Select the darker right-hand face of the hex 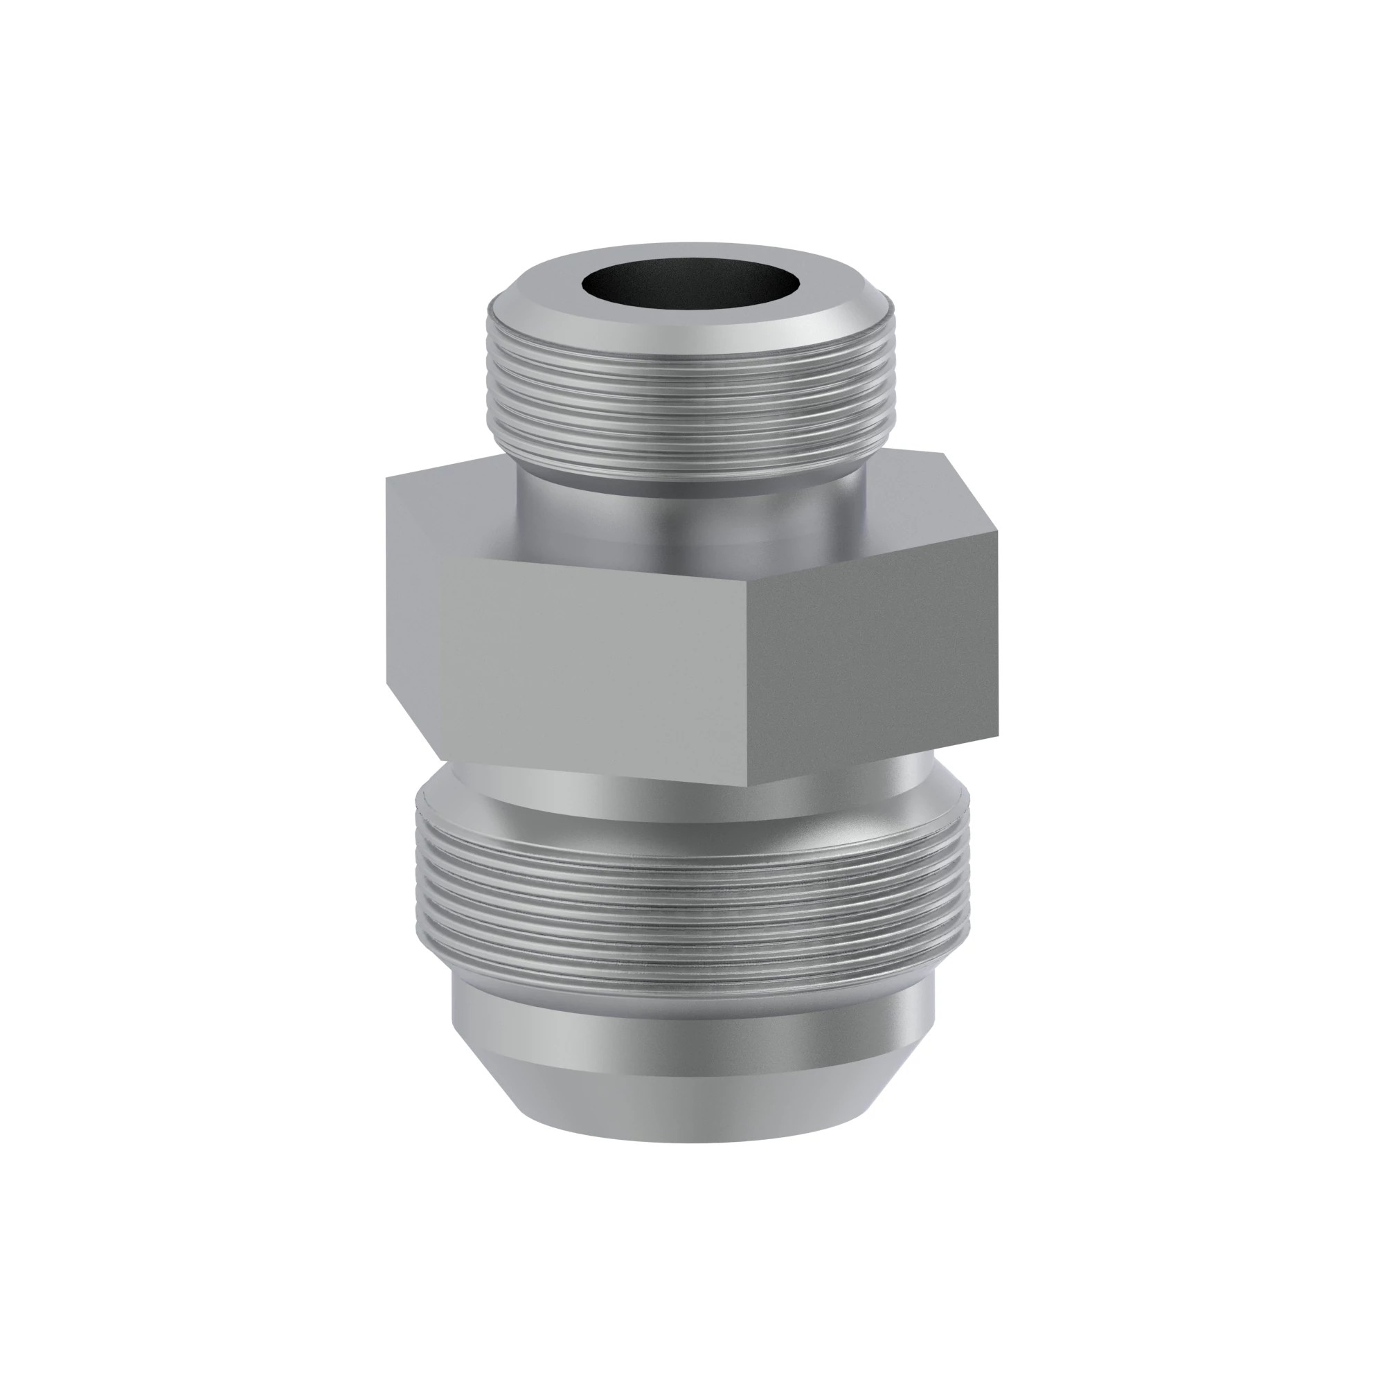(x=871, y=667)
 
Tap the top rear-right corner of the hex (x=943, y=454)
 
